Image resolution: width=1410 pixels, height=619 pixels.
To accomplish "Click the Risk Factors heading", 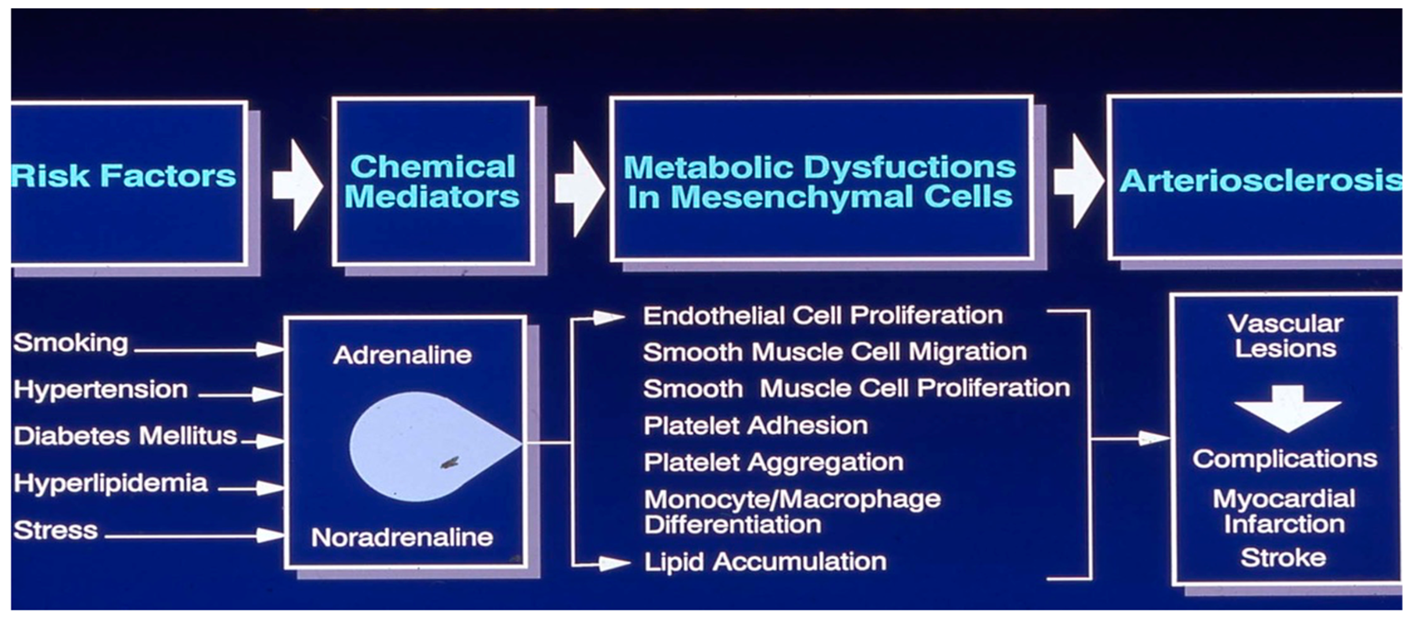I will pos(124,176).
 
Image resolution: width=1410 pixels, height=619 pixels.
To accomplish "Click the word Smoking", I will pos(71,343).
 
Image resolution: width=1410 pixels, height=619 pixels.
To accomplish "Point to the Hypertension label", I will pos(101,389).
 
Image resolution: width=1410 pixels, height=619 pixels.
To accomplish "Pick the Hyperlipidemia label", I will pos(111,483).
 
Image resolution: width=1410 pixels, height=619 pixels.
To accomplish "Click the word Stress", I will pos(56,530).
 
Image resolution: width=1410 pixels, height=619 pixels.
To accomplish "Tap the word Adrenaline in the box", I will pos(402,355).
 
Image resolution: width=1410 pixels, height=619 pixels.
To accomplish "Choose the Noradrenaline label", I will pos(402,538).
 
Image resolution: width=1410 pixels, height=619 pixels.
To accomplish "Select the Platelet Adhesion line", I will pos(755,426).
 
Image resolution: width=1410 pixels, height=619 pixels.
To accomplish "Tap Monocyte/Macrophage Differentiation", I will pos(792,511).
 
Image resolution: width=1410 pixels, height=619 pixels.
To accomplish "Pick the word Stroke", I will pos(1283,558).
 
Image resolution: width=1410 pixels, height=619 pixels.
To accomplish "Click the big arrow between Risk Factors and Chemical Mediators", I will pos(297,185).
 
